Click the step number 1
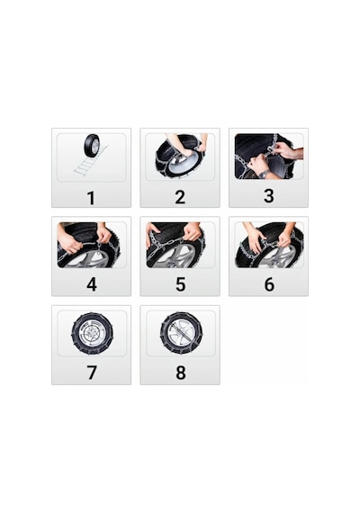point(91,198)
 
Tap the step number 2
point(180,197)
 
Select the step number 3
point(268,196)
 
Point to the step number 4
point(92,284)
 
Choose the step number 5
point(180,284)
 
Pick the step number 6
point(269,284)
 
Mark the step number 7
point(92,373)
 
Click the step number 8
point(180,373)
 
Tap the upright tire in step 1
point(92,145)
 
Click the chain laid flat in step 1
point(90,161)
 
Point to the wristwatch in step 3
point(264,174)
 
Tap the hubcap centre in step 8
point(181,333)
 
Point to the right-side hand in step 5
point(192,232)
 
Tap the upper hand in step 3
point(288,151)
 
